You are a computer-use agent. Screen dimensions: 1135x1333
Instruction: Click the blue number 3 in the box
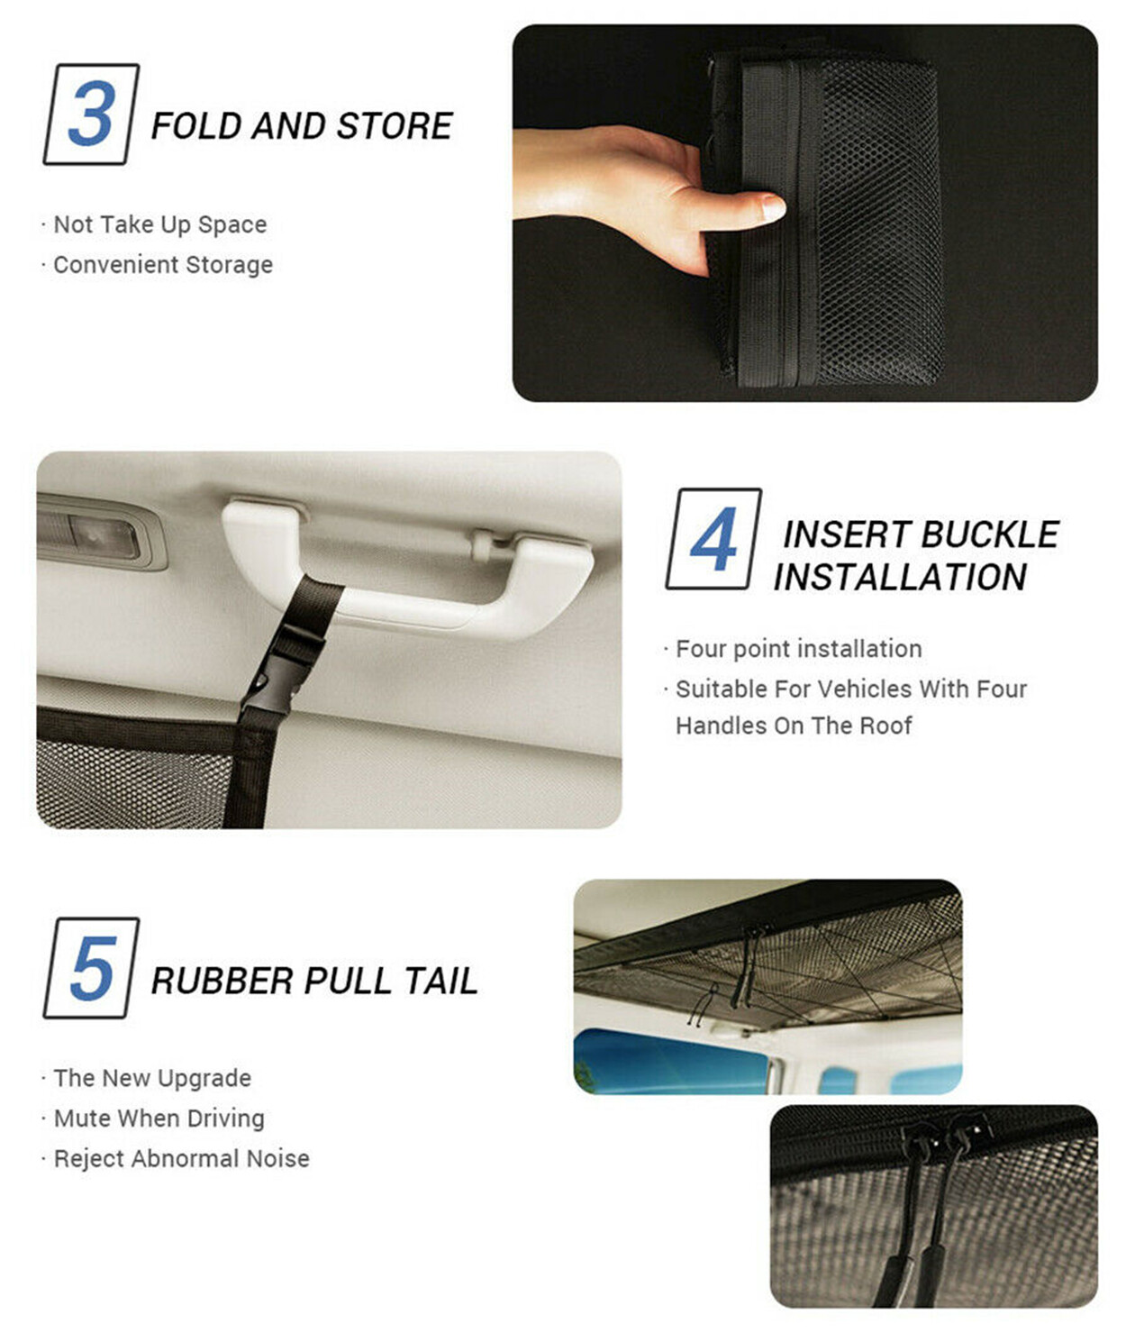[92, 114]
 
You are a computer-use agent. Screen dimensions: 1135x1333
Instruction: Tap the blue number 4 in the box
[713, 538]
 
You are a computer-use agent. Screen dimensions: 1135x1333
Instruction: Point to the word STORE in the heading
[395, 125]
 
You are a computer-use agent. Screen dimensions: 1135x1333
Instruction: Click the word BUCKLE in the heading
[990, 534]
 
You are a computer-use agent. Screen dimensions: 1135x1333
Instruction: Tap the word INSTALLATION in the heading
[900, 577]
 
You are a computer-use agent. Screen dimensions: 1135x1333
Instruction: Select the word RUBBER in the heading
[222, 981]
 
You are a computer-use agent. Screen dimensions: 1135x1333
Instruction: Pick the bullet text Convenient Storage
[163, 265]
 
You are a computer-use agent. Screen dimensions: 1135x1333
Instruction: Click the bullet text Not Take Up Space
[159, 224]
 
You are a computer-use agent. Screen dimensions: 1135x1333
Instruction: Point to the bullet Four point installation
[799, 649]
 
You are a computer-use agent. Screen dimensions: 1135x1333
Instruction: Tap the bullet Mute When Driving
[159, 1118]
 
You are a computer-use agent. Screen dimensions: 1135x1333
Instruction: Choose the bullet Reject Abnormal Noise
[181, 1158]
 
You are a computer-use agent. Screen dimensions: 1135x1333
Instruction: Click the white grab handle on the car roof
[407, 568]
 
